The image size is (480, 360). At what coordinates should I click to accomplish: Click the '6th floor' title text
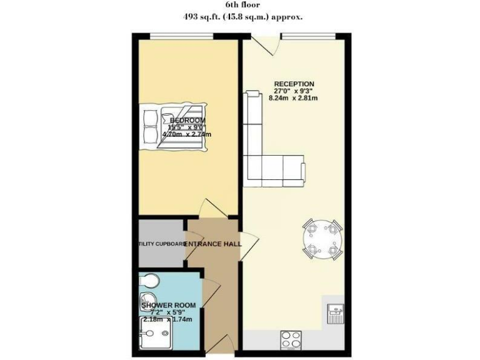click(x=240, y=5)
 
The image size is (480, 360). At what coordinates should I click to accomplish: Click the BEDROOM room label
click(x=187, y=120)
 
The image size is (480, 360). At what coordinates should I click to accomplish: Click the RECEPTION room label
click(x=294, y=84)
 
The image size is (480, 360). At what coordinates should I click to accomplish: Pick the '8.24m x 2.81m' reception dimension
click(x=294, y=99)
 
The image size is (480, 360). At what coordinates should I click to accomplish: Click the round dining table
click(x=322, y=239)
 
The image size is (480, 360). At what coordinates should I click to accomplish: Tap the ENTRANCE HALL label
click(x=212, y=244)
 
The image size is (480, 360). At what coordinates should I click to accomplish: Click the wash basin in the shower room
click(x=149, y=299)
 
